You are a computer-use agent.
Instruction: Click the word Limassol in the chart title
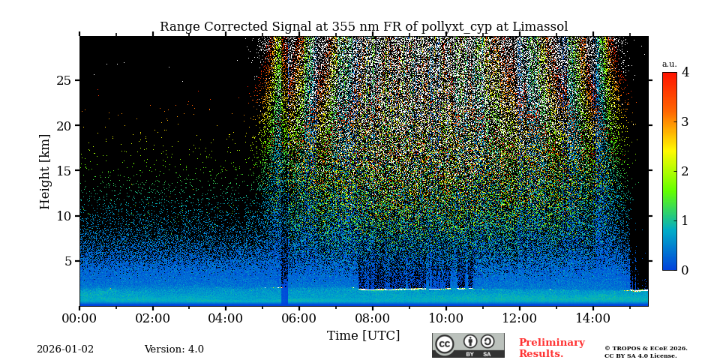click(x=540, y=27)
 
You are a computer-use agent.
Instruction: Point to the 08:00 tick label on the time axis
click(x=373, y=318)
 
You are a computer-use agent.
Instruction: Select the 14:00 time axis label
click(x=593, y=318)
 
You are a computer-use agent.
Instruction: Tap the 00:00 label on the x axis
click(x=79, y=318)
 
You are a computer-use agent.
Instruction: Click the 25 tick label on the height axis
click(x=64, y=80)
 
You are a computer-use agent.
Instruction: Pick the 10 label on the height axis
click(x=64, y=216)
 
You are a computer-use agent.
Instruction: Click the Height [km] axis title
click(x=45, y=171)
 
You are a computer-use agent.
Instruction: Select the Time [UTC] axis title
click(x=363, y=335)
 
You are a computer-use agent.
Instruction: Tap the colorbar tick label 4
click(x=685, y=73)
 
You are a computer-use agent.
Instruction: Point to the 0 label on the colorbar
click(x=685, y=270)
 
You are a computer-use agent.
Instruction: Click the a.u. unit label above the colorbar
click(x=669, y=64)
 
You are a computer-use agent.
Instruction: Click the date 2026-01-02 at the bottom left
click(x=65, y=349)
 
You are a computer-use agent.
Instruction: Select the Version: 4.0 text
click(x=174, y=349)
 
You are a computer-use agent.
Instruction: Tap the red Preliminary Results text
click(x=551, y=348)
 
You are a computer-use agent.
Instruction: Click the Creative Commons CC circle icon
click(x=445, y=344)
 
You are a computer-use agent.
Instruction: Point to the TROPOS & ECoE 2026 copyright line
click(x=646, y=348)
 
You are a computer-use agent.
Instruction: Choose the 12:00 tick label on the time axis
click(x=520, y=318)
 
